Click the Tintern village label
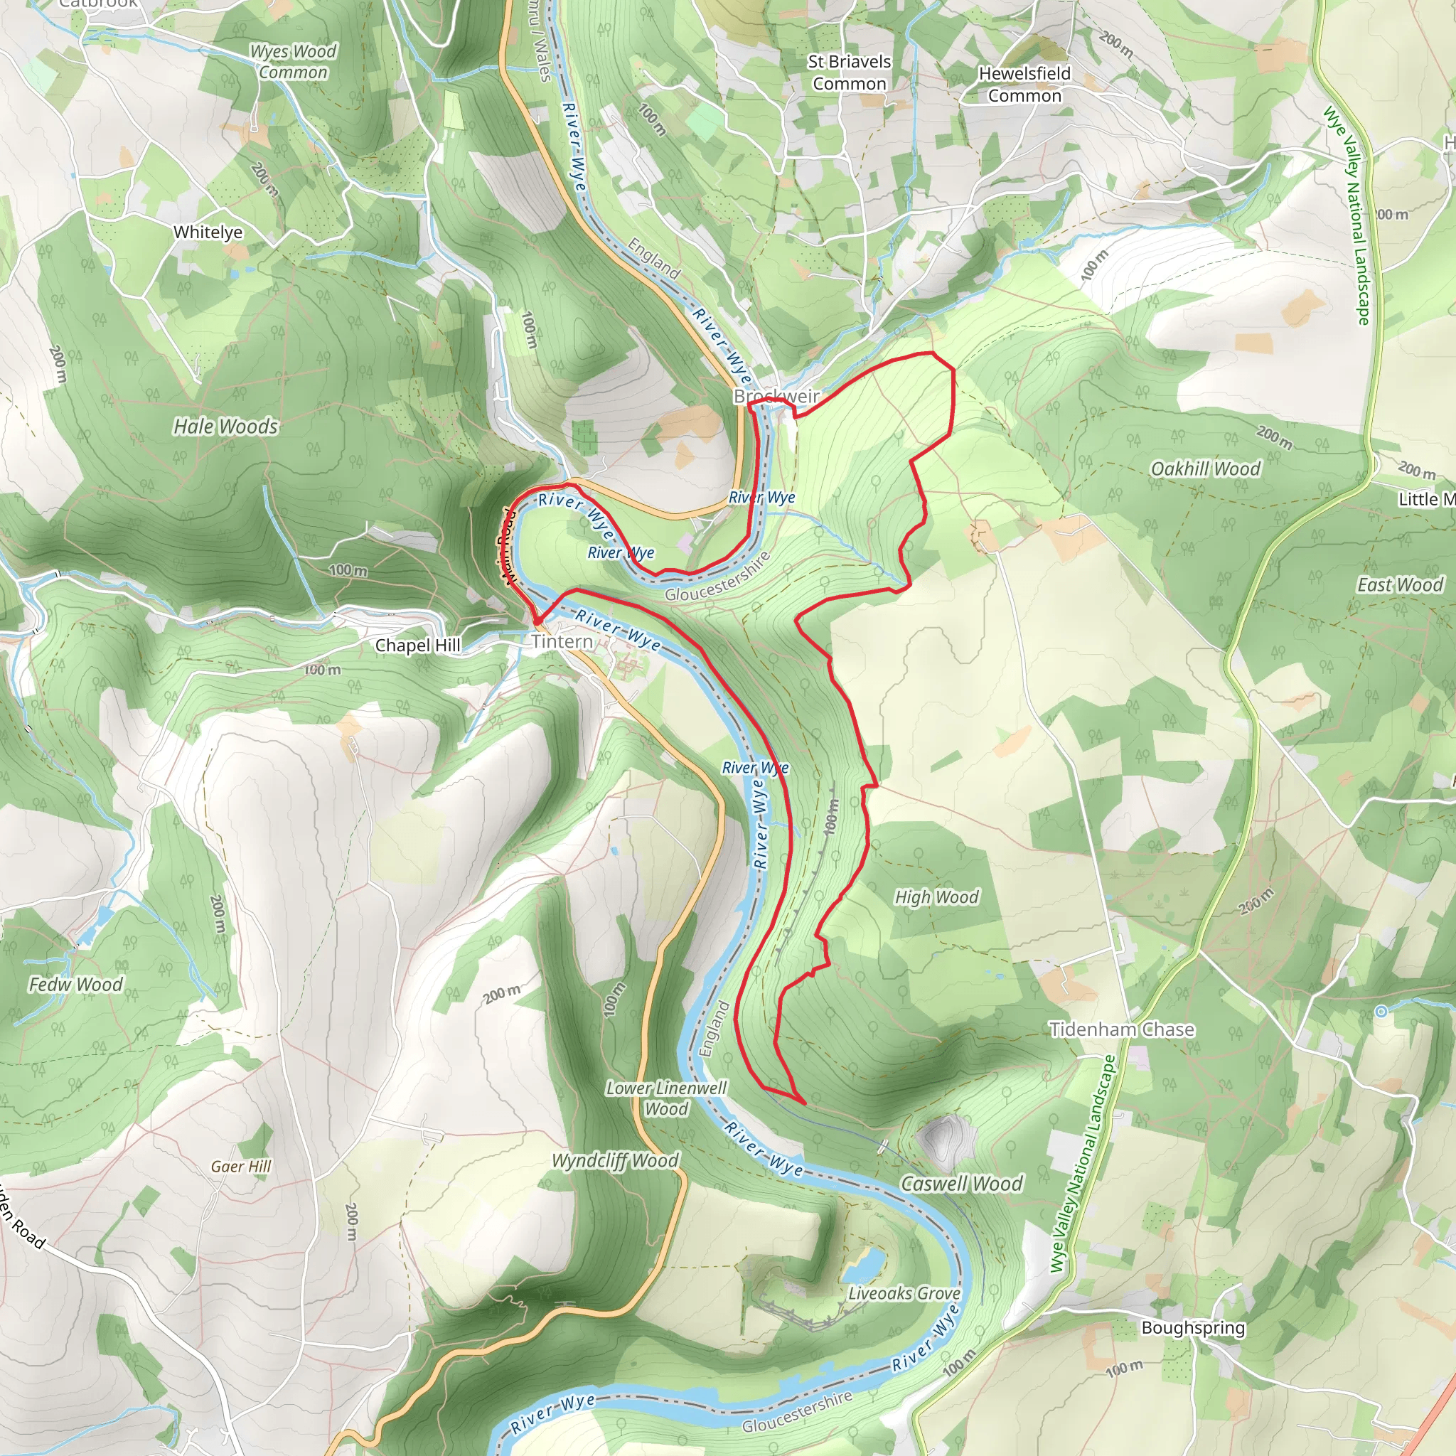[x=562, y=641]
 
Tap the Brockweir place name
[x=776, y=397]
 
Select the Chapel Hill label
[x=417, y=646]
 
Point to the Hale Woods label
[x=225, y=427]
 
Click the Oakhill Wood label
[x=1205, y=469]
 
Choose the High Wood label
[x=936, y=896]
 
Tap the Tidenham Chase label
[x=1121, y=1029]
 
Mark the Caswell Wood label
[x=962, y=1184]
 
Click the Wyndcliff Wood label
[x=615, y=1160]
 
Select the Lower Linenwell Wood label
[x=666, y=1098]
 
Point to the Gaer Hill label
[x=240, y=1167]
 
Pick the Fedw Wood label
[x=75, y=984]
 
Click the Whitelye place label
[x=208, y=232]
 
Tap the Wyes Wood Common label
[x=292, y=62]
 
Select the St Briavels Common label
[x=850, y=73]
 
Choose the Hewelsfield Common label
[x=1024, y=85]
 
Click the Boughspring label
[x=1193, y=1327]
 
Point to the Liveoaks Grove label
[x=904, y=1293]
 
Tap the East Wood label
[x=1399, y=585]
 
